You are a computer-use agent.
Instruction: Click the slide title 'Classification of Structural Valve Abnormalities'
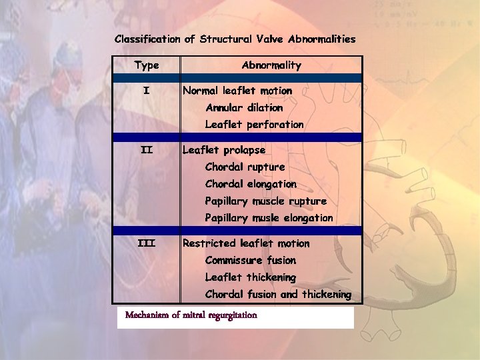235,39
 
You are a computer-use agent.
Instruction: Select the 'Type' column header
147,65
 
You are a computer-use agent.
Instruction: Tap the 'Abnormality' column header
271,65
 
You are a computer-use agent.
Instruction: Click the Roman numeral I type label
147,91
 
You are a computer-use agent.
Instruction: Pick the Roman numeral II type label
147,150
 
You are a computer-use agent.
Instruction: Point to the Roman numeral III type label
147,243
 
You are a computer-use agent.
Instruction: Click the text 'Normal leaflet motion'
237,91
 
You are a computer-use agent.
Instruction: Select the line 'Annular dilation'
244,107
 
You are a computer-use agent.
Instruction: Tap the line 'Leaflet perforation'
254,125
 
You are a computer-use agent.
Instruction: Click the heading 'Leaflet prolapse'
224,151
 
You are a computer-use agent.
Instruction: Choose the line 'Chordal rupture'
245,167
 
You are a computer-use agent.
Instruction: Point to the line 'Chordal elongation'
251,184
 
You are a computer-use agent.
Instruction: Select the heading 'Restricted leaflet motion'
246,243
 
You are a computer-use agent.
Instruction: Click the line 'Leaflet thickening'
250,277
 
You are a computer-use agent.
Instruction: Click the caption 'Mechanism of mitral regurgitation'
191,315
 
